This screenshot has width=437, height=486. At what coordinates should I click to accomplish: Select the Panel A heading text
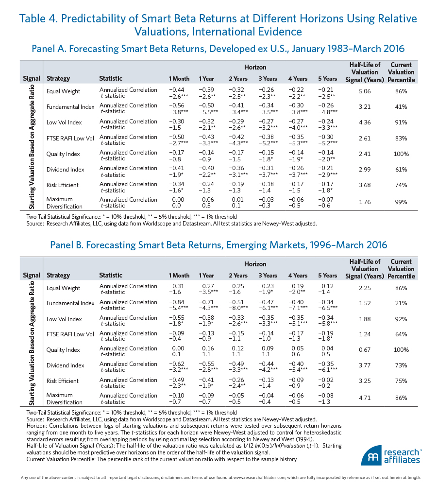click(218, 49)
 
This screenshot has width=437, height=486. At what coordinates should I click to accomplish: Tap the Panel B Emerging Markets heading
click(218, 245)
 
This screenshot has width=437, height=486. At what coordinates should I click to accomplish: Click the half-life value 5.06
click(365, 91)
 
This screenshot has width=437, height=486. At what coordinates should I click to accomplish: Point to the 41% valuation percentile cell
click(401, 107)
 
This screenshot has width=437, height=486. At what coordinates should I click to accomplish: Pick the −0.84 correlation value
click(177, 302)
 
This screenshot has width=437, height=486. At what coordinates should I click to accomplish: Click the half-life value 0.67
click(365, 349)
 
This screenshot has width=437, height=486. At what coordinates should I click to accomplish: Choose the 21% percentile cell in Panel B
click(401, 303)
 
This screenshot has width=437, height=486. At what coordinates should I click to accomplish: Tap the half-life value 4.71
click(365, 398)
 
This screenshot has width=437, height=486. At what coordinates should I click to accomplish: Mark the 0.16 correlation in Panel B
click(206, 348)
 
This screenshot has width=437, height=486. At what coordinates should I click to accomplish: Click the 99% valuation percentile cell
click(401, 202)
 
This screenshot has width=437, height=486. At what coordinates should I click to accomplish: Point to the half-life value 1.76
click(365, 202)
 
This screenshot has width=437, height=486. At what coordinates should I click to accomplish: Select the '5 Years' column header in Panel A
click(327, 79)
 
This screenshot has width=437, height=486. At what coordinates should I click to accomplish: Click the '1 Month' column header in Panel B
click(179, 276)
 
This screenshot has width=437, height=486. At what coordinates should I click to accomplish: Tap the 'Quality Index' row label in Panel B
click(63, 350)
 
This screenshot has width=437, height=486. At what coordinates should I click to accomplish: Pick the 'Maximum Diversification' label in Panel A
click(65, 203)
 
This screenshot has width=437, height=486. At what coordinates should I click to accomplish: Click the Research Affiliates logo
click(391, 455)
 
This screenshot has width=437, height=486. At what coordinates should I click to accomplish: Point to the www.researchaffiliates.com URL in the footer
click(269, 478)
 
